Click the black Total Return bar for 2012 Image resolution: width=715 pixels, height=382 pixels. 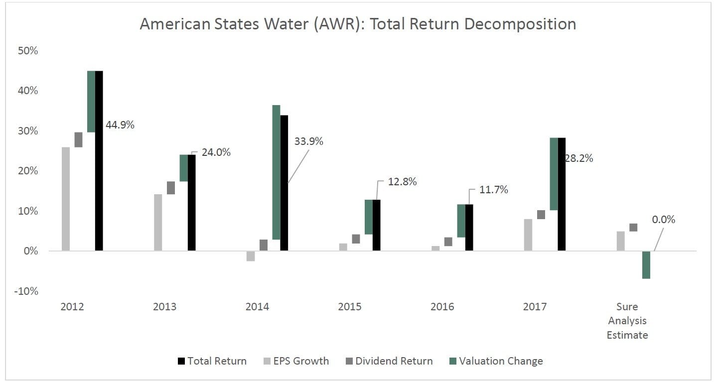[x=99, y=160]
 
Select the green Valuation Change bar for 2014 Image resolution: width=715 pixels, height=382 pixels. [x=276, y=172]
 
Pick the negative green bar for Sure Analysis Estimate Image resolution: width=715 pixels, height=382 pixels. [x=646, y=264]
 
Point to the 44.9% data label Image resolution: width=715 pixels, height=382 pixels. [x=120, y=125]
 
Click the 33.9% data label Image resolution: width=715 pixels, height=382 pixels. [x=309, y=141]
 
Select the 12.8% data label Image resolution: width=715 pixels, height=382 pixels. [x=402, y=182]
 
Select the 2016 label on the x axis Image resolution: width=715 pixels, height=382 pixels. [x=442, y=307]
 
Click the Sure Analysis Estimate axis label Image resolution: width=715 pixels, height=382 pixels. [x=627, y=321]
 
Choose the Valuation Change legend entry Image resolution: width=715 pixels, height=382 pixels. [x=501, y=361]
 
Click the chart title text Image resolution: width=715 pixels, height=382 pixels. [x=358, y=24]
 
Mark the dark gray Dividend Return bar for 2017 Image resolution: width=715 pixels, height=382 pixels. [x=541, y=215]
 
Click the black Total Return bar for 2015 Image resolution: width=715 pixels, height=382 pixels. [x=376, y=225]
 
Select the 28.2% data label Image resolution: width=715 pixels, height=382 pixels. [x=578, y=158]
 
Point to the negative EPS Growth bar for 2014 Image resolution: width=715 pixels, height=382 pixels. [x=251, y=256]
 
